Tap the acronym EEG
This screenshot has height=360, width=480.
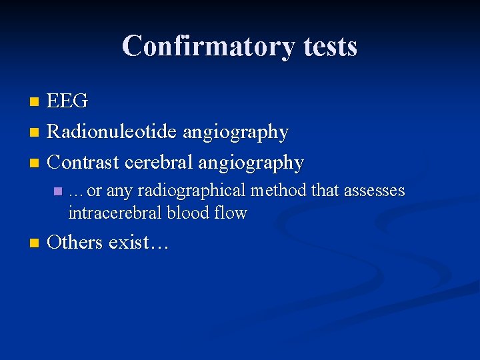click(67, 101)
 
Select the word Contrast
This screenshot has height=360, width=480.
click(85, 162)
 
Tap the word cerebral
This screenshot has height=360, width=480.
click(159, 162)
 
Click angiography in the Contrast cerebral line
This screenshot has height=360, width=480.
click(251, 163)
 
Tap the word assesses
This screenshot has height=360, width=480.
click(374, 191)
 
